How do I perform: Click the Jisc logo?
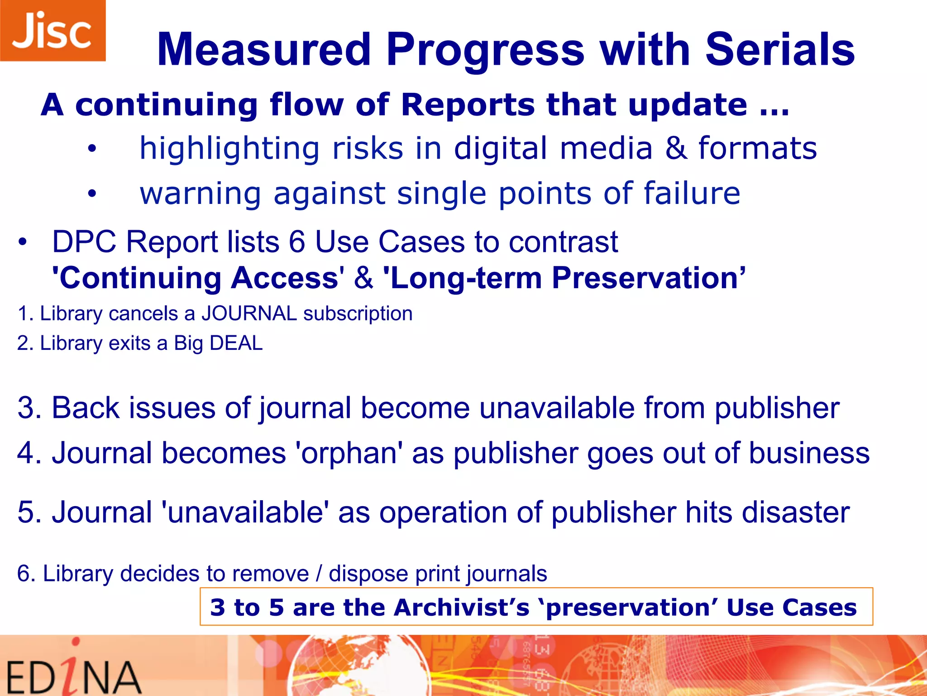pyautogui.click(x=53, y=30)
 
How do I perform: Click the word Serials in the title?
pyautogui.click(x=779, y=50)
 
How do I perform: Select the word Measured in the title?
pyautogui.click(x=264, y=50)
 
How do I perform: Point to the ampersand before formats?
pyautogui.click(x=675, y=149)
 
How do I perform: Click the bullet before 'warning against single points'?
pyautogui.click(x=92, y=194)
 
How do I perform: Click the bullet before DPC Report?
pyautogui.click(x=23, y=242)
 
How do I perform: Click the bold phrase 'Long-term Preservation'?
pyautogui.click(x=561, y=278)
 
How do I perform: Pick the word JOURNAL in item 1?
pyautogui.click(x=249, y=314)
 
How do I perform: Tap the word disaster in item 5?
pyautogui.click(x=795, y=512)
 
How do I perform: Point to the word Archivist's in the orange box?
pyautogui.click(x=461, y=607)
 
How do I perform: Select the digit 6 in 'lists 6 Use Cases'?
pyautogui.click(x=296, y=242)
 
